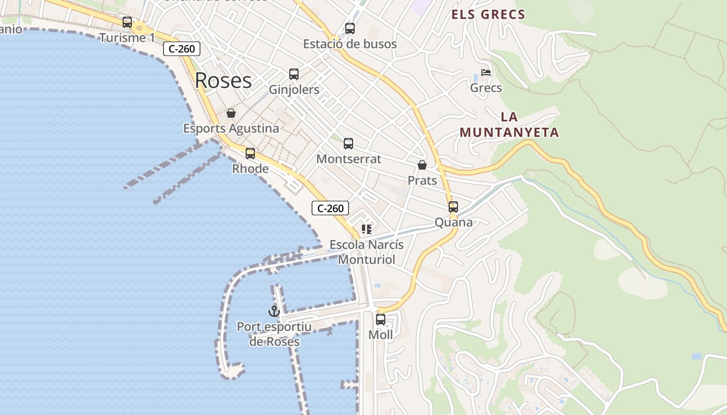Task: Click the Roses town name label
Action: point(223,81)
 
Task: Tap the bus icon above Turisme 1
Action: point(127,22)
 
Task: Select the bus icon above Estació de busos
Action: point(350,29)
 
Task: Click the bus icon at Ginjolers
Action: point(294,74)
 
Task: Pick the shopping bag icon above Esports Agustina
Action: point(231,113)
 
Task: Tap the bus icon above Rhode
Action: point(250,154)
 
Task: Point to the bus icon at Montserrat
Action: point(348,144)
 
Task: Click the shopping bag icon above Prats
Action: point(422,165)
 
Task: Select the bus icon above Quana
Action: point(453,207)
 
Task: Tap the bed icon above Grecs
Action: point(486,73)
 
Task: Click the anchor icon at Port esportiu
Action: point(274,311)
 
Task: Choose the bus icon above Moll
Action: point(381,320)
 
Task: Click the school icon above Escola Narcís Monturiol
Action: point(367,229)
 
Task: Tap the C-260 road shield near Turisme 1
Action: point(182,49)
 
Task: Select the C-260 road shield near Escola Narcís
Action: point(330,208)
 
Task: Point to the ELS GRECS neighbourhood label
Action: point(488,15)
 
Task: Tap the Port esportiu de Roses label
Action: point(274,334)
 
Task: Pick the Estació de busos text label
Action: point(350,44)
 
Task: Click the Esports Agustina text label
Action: point(231,128)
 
